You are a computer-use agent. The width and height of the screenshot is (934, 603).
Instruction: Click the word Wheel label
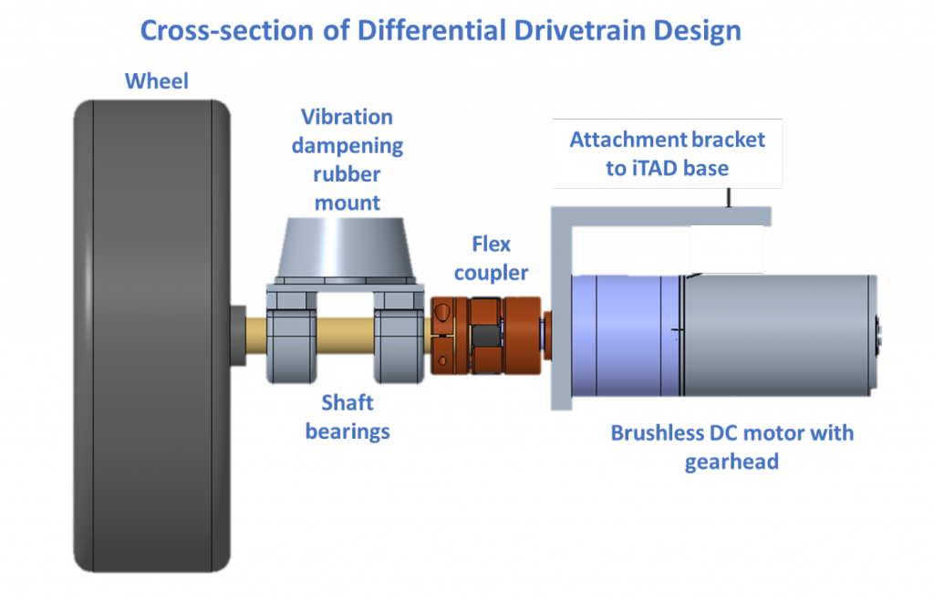point(156,81)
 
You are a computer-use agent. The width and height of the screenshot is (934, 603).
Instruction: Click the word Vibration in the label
point(347,117)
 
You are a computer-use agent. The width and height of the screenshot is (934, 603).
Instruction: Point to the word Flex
point(491,244)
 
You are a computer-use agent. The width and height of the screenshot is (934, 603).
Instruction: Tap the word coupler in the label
point(491,273)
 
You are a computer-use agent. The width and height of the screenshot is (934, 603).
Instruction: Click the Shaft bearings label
point(347,417)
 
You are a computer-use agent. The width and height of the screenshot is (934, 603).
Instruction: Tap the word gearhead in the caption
point(732,462)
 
